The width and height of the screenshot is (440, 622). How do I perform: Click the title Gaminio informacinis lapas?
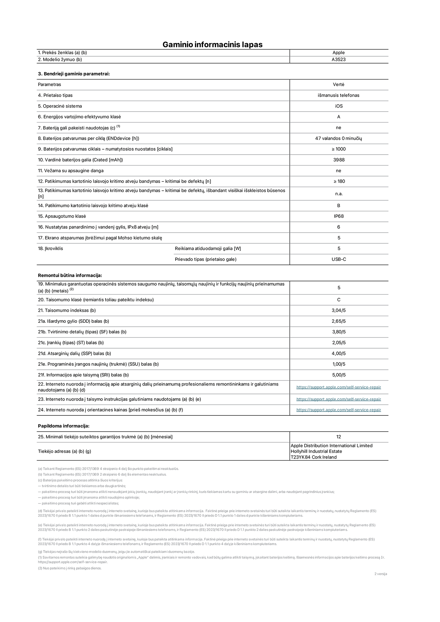point(212,45)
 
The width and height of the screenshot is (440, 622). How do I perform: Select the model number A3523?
point(339,60)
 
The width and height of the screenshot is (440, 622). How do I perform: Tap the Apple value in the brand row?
point(339,53)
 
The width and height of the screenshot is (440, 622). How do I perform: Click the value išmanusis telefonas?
point(339,95)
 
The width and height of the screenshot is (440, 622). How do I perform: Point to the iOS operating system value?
point(339,106)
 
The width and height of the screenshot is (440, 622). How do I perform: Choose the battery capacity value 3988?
point(339,160)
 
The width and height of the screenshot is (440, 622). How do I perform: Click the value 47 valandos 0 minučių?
point(339,138)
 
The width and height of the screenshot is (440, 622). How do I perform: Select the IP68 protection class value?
point(339,216)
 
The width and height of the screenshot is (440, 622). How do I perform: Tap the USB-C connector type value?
point(339,259)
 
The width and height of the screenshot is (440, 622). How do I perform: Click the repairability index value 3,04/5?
point(339,311)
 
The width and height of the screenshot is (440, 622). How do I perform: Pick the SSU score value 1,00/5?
point(339,364)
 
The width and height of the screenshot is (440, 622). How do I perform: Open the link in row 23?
point(339,399)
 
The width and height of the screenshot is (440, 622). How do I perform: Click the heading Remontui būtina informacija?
point(70,275)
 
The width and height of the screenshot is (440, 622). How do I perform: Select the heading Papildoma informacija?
point(64,426)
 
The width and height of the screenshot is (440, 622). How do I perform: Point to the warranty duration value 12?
point(339,437)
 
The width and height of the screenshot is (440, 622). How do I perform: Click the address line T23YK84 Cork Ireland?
point(313,457)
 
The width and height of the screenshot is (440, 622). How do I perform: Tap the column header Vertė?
point(339,85)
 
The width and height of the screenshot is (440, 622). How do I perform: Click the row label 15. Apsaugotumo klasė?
point(62,216)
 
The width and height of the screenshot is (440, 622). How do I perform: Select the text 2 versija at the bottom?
point(380,574)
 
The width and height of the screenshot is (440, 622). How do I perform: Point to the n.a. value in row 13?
point(339,194)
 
